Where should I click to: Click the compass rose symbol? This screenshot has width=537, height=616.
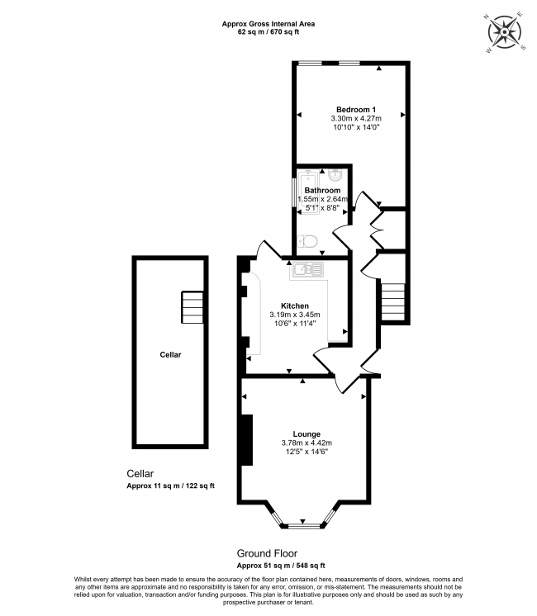[x=505, y=32]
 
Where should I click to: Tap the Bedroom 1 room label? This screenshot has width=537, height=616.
[x=356, y=110]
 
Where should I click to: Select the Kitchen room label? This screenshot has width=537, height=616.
[x=295, y=306]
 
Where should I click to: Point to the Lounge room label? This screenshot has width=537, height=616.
[x=307, y=434]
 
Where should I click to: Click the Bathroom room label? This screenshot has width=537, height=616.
[x=322, y=190]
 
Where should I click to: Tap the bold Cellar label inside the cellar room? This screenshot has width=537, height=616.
[x=170, y=355]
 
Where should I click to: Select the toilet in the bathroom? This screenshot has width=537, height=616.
[x=307, y=241]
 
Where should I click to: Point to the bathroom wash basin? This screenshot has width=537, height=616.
[x=335, y=175]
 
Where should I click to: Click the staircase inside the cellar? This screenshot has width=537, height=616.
[x=192, y=307]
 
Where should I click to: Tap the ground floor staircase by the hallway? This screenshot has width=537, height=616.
[x=393, y=301]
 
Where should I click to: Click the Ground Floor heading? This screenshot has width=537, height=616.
[x=267, y=553]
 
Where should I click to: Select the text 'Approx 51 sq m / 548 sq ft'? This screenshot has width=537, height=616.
[x=281, y=566]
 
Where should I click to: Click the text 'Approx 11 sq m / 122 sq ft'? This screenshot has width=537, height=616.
[x=171, y=486]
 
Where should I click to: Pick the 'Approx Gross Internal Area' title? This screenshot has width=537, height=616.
[x=268, y=24]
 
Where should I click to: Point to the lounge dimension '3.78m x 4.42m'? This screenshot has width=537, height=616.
[x=307, y=443]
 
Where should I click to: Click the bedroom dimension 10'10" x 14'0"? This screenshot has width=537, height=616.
[x=356, y=127]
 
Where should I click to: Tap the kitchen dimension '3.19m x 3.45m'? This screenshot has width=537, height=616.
[x=295, y=315]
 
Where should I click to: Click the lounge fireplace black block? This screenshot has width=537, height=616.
[x=247, y=440]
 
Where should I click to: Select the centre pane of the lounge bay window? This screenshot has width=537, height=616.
[x=302, y=525]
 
